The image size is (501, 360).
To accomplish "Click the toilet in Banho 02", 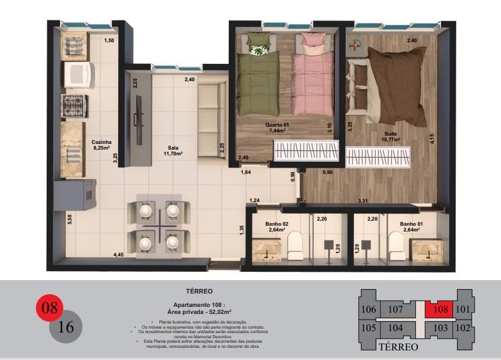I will [295, 244].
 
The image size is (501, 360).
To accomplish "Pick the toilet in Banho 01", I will [396, 244].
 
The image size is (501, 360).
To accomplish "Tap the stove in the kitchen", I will [74, 106].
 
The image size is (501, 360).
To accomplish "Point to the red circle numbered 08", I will [49, 308].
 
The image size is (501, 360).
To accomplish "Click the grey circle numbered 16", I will [66, 327].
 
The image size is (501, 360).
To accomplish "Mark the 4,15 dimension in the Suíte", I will [433, 138].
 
